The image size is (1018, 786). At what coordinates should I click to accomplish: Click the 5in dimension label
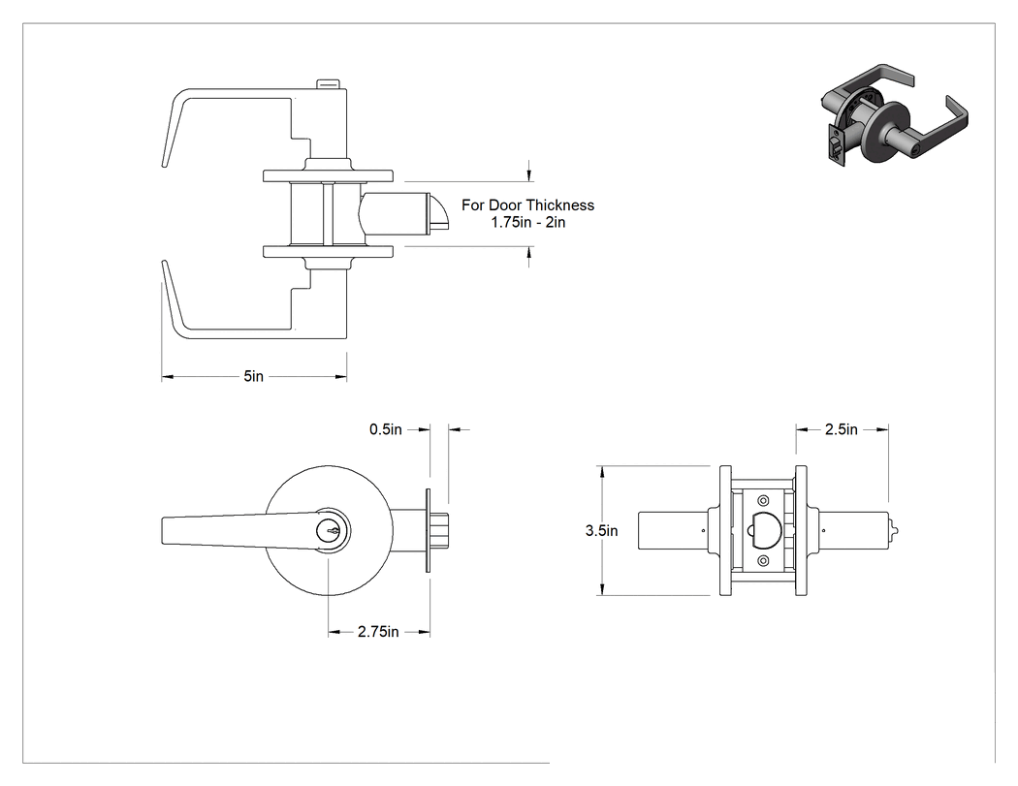[254, 376]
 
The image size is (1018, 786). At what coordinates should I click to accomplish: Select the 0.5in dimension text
[386, 429]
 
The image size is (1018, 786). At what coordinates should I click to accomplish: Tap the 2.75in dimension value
[378, 632]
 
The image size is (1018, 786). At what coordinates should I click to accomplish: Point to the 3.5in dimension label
[602, 530]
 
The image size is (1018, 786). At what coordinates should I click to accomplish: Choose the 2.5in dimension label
[842, 429]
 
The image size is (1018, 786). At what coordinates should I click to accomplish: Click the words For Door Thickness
[527, 205]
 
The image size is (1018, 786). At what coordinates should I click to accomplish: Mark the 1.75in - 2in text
[527, 222]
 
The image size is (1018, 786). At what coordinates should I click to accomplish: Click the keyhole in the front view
[329, 531]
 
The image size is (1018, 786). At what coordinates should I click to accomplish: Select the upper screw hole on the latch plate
[763, 500]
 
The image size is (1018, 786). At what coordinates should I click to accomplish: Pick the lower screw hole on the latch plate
[763, 560]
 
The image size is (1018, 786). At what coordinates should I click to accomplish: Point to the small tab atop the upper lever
[329, 83]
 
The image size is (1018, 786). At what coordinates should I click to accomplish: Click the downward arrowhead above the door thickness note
[529, 175]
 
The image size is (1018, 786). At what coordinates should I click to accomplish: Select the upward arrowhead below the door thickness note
[529, 253]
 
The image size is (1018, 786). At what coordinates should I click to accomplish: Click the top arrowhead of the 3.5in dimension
[603, 472]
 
